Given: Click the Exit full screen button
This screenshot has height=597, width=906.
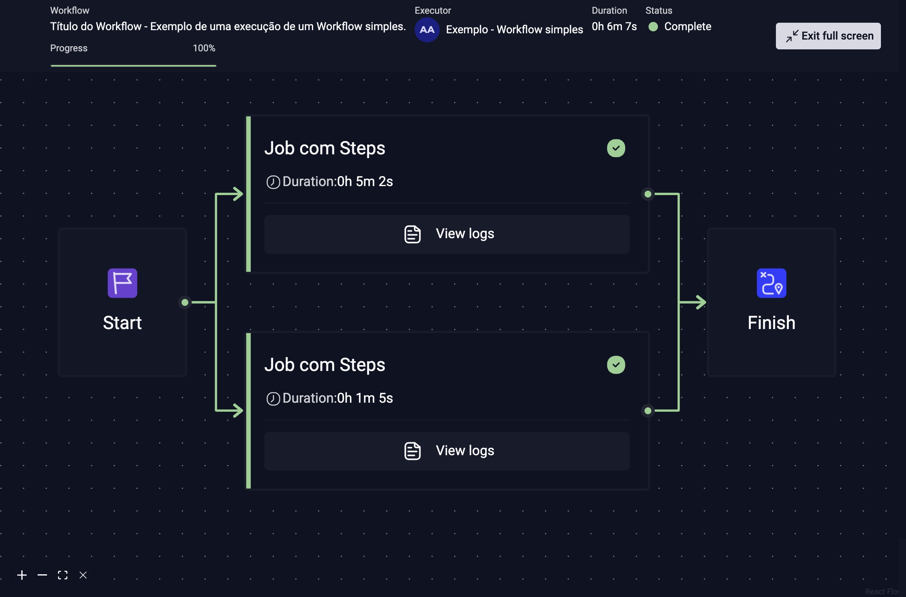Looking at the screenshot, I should click(x=828, y=36).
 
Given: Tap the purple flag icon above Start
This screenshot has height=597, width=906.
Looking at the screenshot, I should click(x=122, y=283).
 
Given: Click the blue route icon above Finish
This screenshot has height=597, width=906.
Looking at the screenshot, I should click(x=771, y=283).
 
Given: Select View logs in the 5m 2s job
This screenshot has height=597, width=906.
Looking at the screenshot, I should click(x=447, y=234).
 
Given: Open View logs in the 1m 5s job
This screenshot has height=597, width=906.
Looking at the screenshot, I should click(x=447, y=451).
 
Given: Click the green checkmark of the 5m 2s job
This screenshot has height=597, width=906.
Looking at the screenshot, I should click(x=616, y=148).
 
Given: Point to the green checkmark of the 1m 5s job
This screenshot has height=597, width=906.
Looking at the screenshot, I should click(x=616, y=365).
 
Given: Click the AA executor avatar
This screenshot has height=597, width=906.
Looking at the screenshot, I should click(x=427, y=30).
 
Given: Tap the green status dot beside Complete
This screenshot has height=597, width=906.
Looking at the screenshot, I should click(x=653, y=27).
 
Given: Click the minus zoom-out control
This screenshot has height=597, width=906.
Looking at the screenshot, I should click(x=42, y=575).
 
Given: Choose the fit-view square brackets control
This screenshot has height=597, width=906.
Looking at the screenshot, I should click(x=63, y=575).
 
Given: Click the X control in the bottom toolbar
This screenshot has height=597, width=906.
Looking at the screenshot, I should click(x=83, y=575).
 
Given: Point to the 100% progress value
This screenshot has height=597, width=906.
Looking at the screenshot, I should click(x=204, y=48).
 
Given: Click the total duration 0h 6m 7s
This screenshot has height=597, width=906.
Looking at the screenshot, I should click(x=614, y=27).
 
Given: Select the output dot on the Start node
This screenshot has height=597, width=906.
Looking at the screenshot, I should click(x=185, y=302).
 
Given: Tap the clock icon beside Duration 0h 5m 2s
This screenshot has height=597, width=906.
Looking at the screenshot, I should click(x=273, y=182).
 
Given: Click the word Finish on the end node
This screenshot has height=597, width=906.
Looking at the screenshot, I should click(x=771, y=323).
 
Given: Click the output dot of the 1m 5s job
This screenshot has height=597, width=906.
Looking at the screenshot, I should click(x=648, y=411).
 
